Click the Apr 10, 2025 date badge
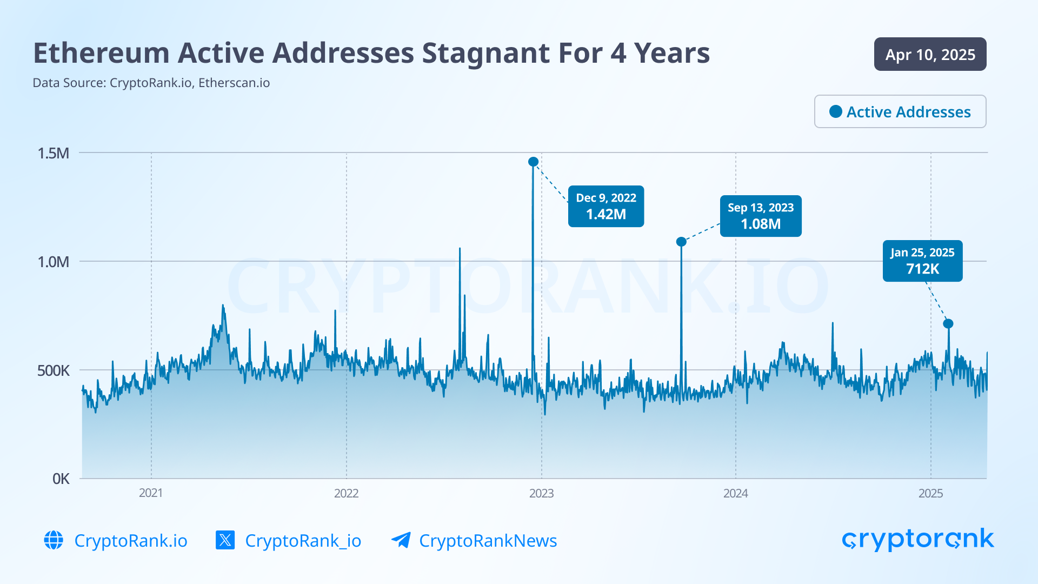(930, 54)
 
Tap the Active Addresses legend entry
(900, 111)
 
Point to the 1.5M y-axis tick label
(54, 153)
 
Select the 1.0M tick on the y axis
(54, 262)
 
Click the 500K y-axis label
(54, 370)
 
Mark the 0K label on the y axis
(61, 479)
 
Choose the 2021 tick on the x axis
(151, 493)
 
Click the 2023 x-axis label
(541, 493)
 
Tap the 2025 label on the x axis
(930, 493)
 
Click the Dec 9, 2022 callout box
(605, 206)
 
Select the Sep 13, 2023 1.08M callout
(760, 216)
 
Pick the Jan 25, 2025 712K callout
(922, 261)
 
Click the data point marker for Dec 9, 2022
(533, 162)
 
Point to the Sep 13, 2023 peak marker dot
(681, 242)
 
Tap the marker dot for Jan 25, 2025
(948, 324)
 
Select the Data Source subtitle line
(151, 83)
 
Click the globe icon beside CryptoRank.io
(54, 540)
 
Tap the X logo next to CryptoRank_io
(225, 540)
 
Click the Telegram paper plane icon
(401, 540)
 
